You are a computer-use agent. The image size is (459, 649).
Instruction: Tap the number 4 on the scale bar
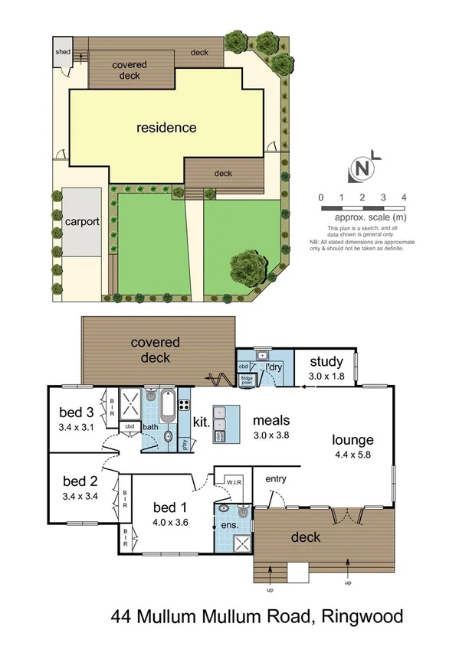(x=403, y=197)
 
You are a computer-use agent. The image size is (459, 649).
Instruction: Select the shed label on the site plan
(x=62, y=51)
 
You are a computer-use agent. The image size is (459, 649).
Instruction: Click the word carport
(x=81, y=222)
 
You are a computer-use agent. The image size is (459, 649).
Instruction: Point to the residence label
(x=166, y=127)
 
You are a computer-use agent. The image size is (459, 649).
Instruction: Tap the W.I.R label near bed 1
(x=234, y=482)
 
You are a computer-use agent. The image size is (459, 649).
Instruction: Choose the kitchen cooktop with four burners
(x=184, y=399)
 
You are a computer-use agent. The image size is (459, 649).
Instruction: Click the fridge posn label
(x=247, y=378)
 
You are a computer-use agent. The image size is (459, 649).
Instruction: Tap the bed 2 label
(x=80, y=481)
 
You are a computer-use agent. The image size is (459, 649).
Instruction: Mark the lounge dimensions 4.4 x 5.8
(x=352, y=455)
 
